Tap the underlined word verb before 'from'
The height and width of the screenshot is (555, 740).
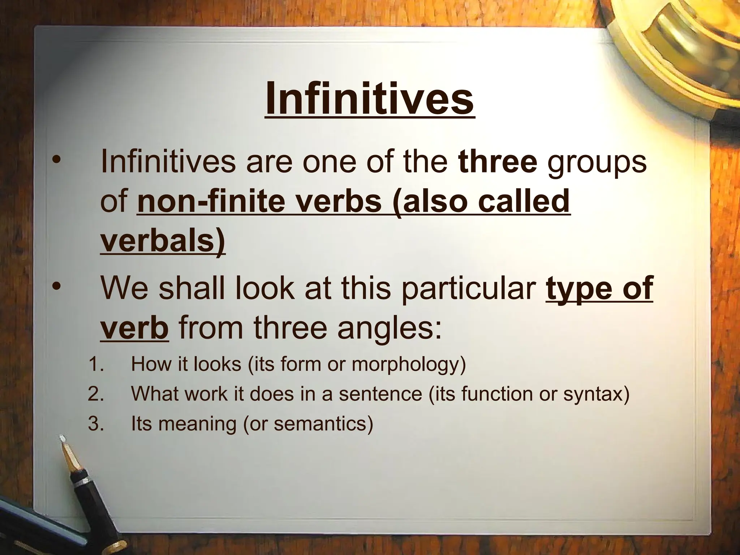[134, 328]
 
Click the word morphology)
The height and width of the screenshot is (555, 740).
[409, 365]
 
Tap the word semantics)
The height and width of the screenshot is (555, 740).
[323, 423]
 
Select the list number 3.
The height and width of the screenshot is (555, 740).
[95, 423]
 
